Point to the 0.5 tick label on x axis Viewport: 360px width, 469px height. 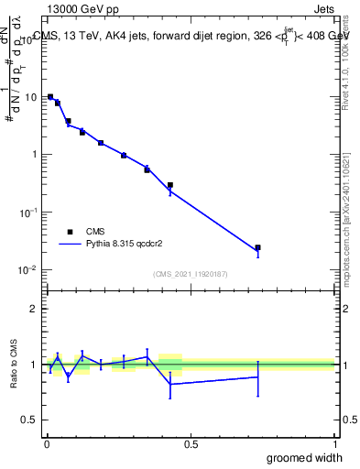pos(190,443)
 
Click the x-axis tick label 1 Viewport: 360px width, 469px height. pos(334,443)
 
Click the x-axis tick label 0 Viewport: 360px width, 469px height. pos(47,443)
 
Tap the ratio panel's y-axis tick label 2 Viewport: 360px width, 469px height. pos(35,309)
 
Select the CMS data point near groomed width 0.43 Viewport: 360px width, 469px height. pos(170,185)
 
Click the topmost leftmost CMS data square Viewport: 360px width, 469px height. pos(50,96)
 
